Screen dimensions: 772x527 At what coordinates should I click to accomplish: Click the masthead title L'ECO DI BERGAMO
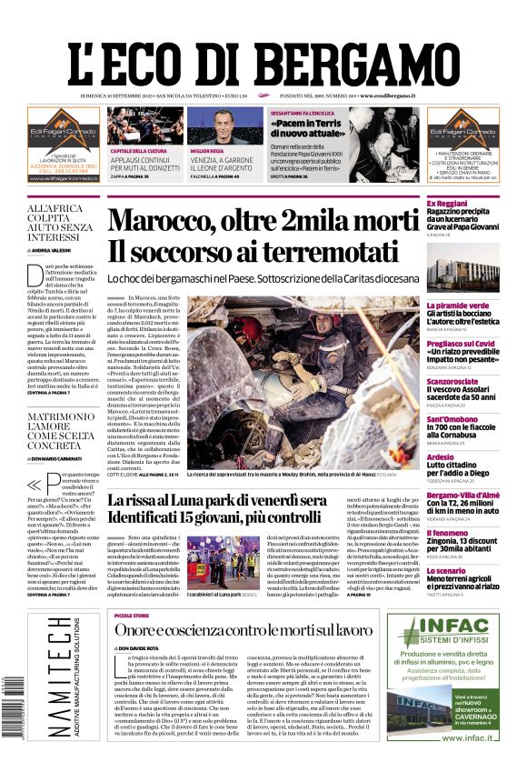coord(263,56)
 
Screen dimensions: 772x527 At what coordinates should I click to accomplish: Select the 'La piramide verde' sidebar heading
coord(458,306)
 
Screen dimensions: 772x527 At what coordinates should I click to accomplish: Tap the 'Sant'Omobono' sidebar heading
coord(454,419)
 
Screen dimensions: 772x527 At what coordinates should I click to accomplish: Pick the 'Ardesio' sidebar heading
coord(440,456)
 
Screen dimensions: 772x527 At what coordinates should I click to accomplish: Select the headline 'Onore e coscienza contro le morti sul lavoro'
coord(244,630)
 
